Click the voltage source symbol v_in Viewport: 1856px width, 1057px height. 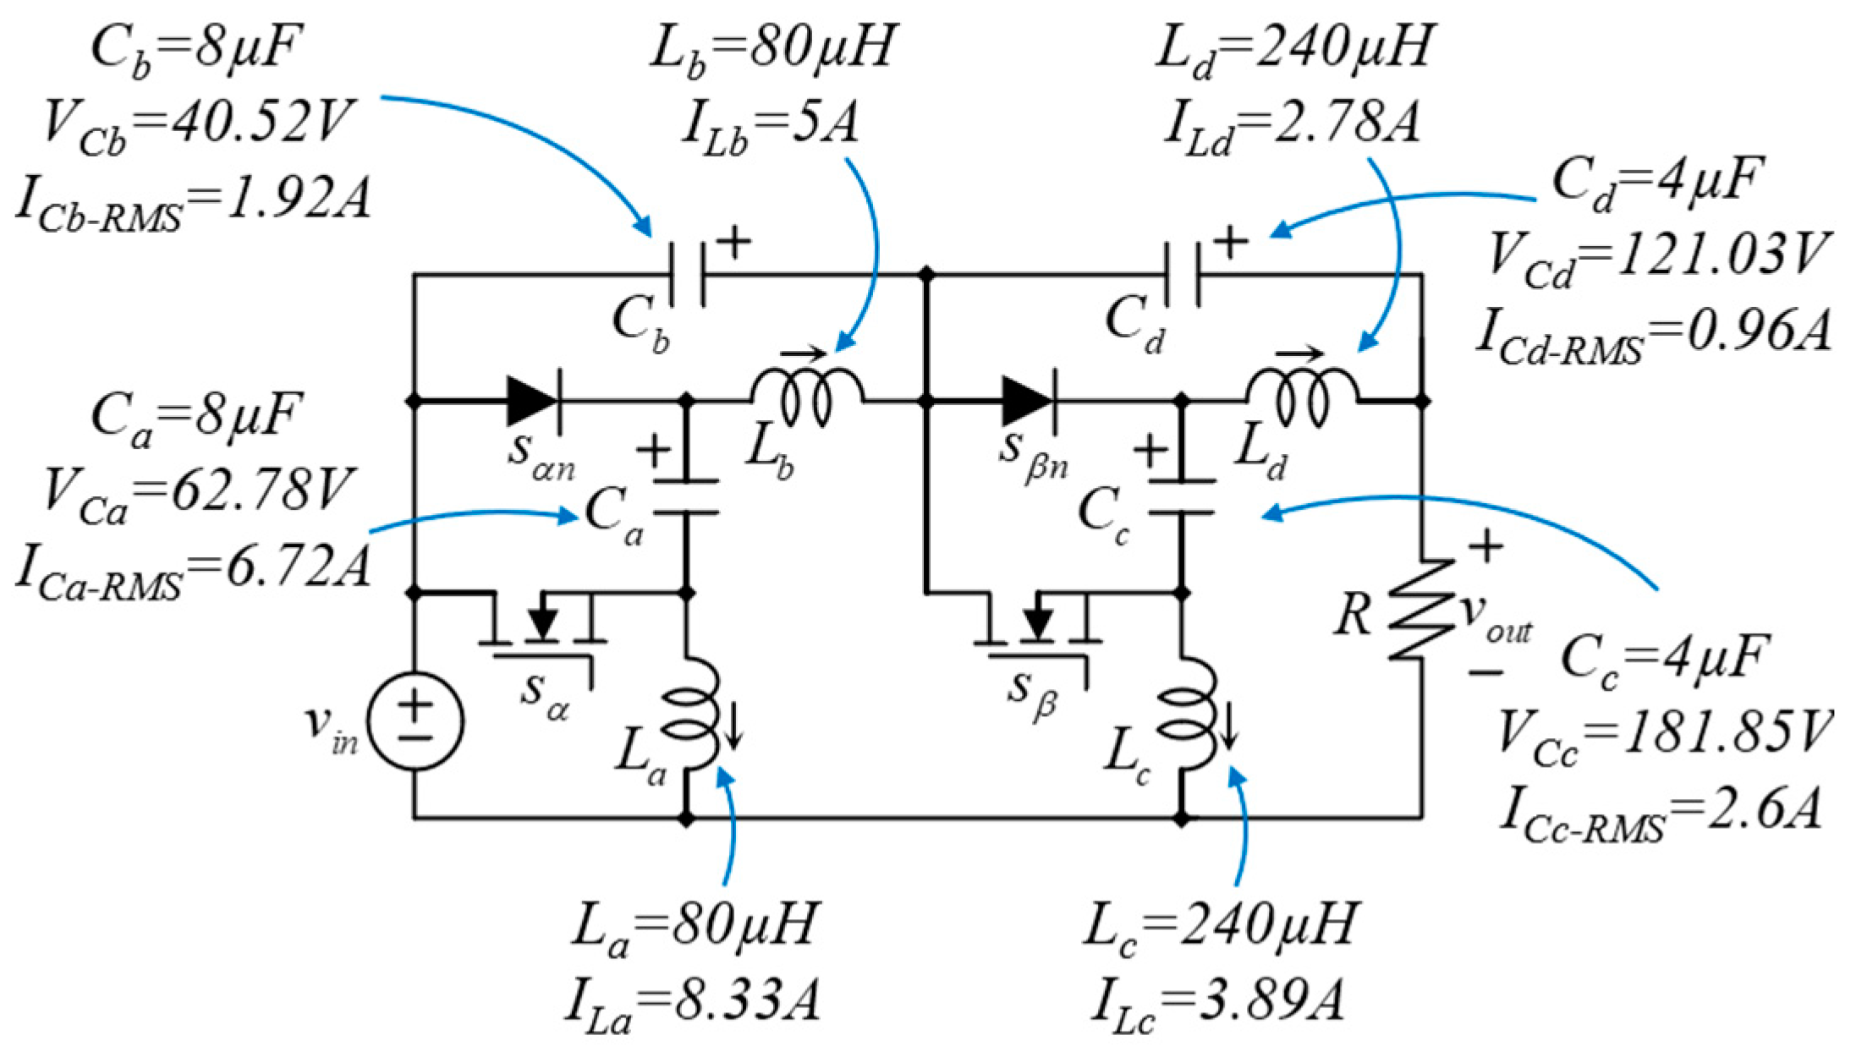click(x=415, y=720)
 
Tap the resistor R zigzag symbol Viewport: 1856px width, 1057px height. click(x=1422, y=610)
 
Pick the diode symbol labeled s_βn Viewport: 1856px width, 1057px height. click(x=1027, y=399)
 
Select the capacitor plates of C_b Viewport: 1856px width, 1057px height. click(x=687, y=274)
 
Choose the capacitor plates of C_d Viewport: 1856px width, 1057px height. click(x=1182, y=274)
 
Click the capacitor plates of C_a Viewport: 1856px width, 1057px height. click(x=687, y=496)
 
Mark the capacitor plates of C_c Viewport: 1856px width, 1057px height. click(x=1183, y=496)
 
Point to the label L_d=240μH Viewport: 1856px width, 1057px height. click(x=1294, y=48)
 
